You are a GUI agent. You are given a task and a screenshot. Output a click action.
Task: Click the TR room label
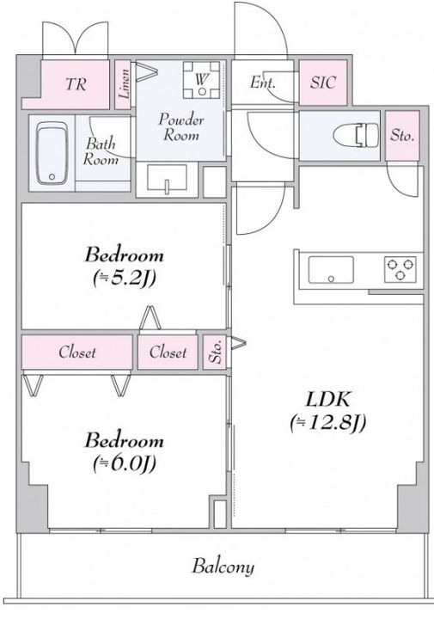click(76, 84)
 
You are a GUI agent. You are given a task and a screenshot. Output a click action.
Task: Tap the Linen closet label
click(125, 83)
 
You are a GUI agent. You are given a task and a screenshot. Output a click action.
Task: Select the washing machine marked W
click(202, 80)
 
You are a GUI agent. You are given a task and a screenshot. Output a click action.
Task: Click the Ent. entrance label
click(262, 83)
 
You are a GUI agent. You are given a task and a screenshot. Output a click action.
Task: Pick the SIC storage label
click(323, 83)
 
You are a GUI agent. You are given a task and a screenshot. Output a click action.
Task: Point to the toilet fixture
click(355, 134)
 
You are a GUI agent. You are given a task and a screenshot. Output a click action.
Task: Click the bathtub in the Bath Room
click(52, 153)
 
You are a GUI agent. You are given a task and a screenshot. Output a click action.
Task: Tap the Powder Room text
click(181, 127)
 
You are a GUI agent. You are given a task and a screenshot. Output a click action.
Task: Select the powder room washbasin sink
click(167, 179)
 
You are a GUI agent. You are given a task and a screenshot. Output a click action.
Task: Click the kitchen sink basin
click(331, 270)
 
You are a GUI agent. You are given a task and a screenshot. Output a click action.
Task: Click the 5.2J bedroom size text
click(125, 279)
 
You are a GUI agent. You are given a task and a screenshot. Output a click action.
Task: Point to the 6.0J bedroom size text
click(125, 463)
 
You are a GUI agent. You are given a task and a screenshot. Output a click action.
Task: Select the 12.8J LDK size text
click(328, 423)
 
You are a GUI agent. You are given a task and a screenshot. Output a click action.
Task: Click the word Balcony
click(223, 567)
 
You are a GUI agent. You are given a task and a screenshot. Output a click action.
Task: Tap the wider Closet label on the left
click(77, 352)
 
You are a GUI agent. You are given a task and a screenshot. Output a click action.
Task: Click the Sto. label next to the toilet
click(402, 136)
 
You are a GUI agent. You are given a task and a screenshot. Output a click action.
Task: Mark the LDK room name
click(328, 400)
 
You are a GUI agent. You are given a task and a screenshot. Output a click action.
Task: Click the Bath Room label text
click(101, 151)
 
